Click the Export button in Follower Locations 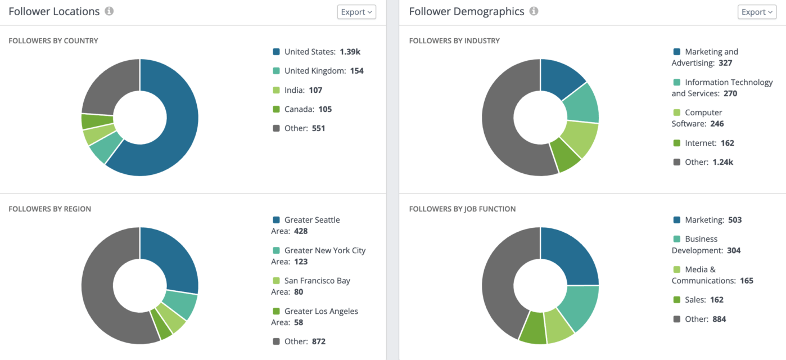point(356,12)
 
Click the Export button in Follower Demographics point(757,12)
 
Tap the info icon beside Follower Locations point(109,11)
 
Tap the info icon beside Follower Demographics point(534,11)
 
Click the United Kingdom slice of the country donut point(106,147)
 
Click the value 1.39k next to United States point(350,52)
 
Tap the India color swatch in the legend point(276,90)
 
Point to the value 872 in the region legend point(318,341)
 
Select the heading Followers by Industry point(454,40)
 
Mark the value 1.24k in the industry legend point(722,162)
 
